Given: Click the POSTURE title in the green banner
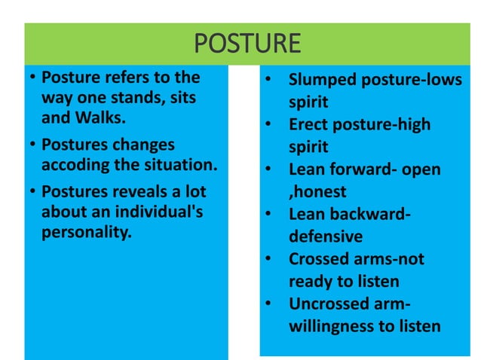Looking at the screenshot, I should click(248, 43).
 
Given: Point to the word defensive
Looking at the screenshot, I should click(326, 236).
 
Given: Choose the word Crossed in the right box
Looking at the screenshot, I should click(320, 259).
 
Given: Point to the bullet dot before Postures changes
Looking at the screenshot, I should click(32, 145).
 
